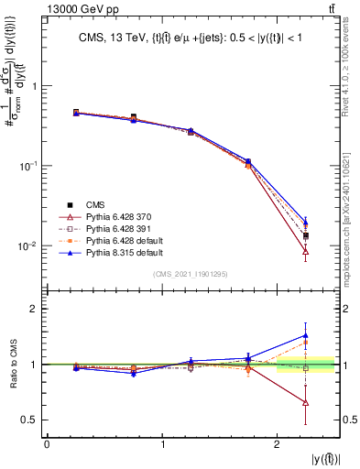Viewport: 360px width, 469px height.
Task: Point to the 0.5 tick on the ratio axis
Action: [32, 420]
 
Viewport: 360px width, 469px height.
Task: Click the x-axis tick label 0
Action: [47, 445]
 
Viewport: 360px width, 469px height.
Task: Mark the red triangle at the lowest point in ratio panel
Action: [305, 403]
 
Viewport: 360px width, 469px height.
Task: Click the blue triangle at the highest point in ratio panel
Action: [305, 336]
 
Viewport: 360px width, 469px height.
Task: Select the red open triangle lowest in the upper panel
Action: [305, 251]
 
